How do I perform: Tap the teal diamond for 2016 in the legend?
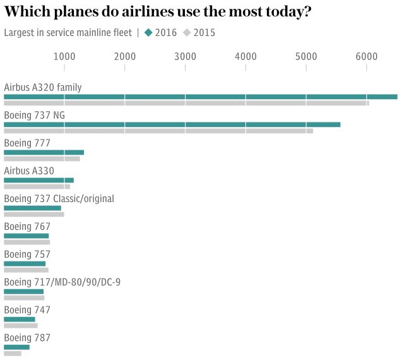(x=148, y=33)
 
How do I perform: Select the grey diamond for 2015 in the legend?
(x=187, y=33)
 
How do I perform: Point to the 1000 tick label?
(x=64, y=57)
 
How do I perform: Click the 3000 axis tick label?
(x=185, y=57)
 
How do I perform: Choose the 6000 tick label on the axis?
(x=367, y=57)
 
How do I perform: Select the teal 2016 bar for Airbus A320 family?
(x=200, y=97)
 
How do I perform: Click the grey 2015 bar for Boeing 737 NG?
(x=158, y=131)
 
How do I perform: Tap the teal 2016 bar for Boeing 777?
(x=44, y=152)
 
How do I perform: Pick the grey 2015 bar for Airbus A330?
(x=37, y=186)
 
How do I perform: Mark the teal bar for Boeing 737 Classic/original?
(x=32, y=208)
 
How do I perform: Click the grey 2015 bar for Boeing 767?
(x=27, y=242)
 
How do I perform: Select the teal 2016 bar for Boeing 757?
(x=25, y=263)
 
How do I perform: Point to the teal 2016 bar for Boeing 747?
(x=20, y=319)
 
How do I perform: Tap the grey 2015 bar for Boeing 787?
(x=13, y=353)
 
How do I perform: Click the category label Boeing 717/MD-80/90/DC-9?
(x=62, y=282)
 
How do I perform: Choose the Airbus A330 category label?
(x=29, y=171)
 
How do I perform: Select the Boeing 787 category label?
(x=27, y=338)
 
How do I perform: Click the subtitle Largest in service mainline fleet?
(x=68, y=33)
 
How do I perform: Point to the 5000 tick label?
(x=306, y=57)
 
